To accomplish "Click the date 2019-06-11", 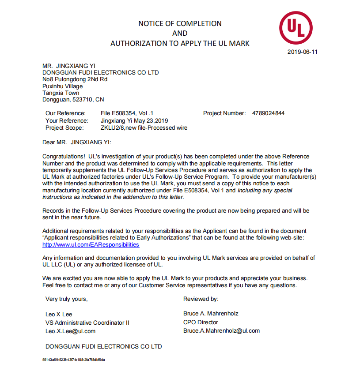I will pos(302,52).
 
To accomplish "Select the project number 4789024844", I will pos(268,113).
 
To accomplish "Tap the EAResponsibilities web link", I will pos(91,245).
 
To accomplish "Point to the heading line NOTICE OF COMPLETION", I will pos(180,23).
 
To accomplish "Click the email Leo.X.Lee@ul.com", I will pos(70,331).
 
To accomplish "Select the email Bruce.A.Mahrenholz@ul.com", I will pos(221,330).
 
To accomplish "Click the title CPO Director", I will pos(201,322).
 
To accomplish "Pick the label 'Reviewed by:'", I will pos(201,299).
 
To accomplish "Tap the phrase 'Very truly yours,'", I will pos(66,299).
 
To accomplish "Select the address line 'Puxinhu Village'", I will pos(62,86).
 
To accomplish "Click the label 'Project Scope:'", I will pos(64,128).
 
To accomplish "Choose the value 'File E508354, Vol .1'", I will pos(127,113).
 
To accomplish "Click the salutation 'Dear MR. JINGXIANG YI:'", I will pos(77,142).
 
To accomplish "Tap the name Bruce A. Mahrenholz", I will pos(211,314).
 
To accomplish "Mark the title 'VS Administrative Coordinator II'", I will pos(87,322).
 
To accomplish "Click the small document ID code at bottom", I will pos(73,360).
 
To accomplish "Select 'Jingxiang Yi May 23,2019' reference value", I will pos(134,120).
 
